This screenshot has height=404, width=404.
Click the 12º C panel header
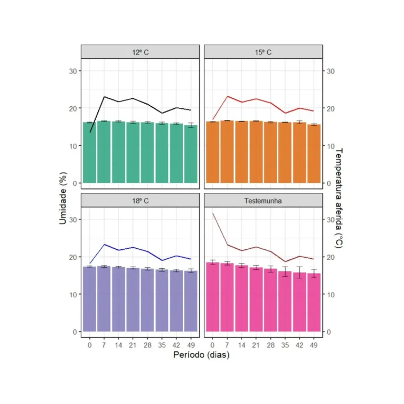[x=140, y=52]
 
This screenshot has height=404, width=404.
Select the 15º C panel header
[x=263, y=52]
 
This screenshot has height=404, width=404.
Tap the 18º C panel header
[x=140, y=200]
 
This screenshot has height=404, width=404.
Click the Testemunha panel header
[x=263, y=200]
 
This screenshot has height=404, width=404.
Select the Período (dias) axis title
[x=201, y=355]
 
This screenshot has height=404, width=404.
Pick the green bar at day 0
[x=89, y=153]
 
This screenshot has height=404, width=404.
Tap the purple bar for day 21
[x=133, y=300]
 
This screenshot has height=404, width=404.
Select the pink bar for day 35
[x=285, y=302]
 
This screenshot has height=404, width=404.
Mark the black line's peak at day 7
[x=104, y=97]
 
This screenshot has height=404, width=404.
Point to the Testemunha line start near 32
[x=213, y=213]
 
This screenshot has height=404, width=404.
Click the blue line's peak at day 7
[x=104, y=245]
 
